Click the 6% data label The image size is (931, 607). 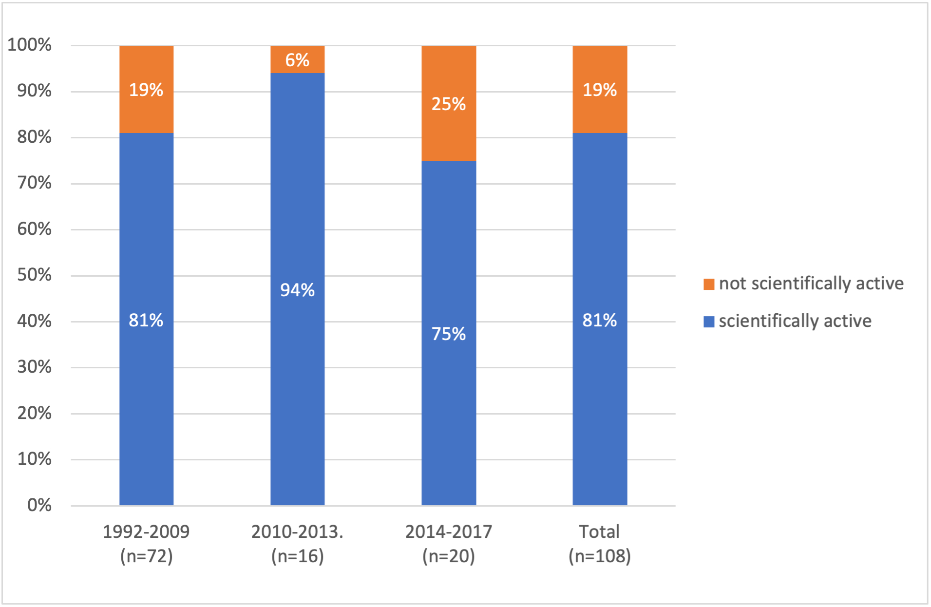coord(297,60)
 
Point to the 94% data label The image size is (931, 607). coord(297,290)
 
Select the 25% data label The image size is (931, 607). coord(448,104)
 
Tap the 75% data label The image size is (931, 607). coord(448,334)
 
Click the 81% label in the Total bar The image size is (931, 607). coord(599,320)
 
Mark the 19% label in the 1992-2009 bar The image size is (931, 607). coord(146,90)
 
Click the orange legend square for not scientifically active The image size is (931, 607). coord(709,284)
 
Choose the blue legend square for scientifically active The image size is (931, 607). coord(709,322)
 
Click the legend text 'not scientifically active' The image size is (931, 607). coord(811,284)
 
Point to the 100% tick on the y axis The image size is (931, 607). coord(30,45)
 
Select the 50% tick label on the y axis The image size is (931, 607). coord(34,275)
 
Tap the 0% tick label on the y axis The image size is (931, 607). coord(39,505)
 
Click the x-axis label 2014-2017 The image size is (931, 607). coord(448,531)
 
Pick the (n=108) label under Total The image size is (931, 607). coord(599,556)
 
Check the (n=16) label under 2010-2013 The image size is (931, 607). coord(297,556)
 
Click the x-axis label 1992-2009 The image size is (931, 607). coord(146,531)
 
